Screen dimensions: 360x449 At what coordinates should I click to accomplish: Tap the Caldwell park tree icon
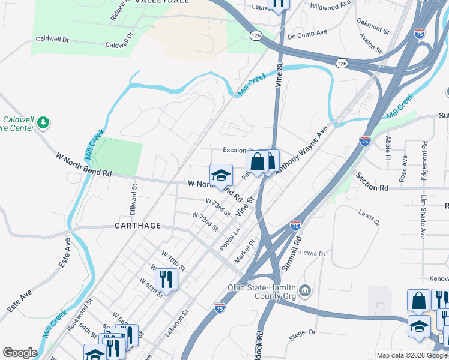[x=43, y=123]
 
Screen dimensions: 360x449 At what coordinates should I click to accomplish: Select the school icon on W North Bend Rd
[x=221, y=175]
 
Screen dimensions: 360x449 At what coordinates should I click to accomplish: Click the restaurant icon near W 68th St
[x=166, y=279]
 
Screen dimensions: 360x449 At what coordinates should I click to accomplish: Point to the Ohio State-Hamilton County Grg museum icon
[x=306, y=292]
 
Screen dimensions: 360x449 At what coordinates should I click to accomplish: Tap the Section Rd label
[x=372, y=182]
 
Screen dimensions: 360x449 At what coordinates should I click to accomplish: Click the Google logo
[x=19, y=353]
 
